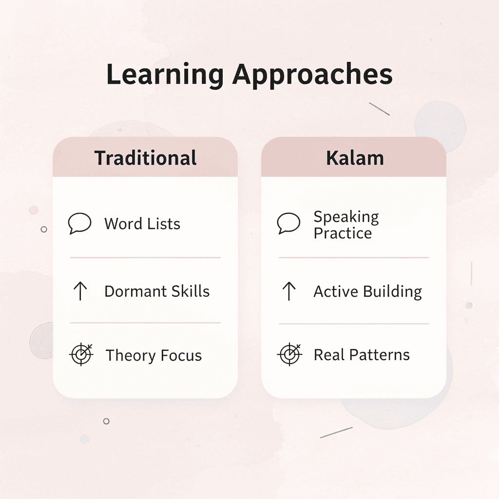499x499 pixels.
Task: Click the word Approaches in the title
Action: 312,76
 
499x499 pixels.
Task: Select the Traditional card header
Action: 145,158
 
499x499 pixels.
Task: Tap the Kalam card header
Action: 355,158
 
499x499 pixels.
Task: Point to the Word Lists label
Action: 142,224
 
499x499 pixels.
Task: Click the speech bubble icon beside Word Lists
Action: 79,224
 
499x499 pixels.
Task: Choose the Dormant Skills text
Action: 157,291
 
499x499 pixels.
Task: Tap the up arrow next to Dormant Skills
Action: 80,291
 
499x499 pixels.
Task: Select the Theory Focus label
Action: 154,355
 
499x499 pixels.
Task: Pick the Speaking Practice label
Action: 346,225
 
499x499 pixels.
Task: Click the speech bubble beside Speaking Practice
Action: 288,224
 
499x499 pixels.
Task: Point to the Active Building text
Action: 367,291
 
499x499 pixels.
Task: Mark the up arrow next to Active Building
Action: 288,291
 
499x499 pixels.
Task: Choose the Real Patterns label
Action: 362,355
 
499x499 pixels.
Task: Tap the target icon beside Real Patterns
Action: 289,354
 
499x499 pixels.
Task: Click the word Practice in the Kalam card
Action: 343,233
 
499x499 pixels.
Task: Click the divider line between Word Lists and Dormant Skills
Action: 145,257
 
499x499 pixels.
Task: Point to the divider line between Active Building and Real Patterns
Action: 354,324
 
